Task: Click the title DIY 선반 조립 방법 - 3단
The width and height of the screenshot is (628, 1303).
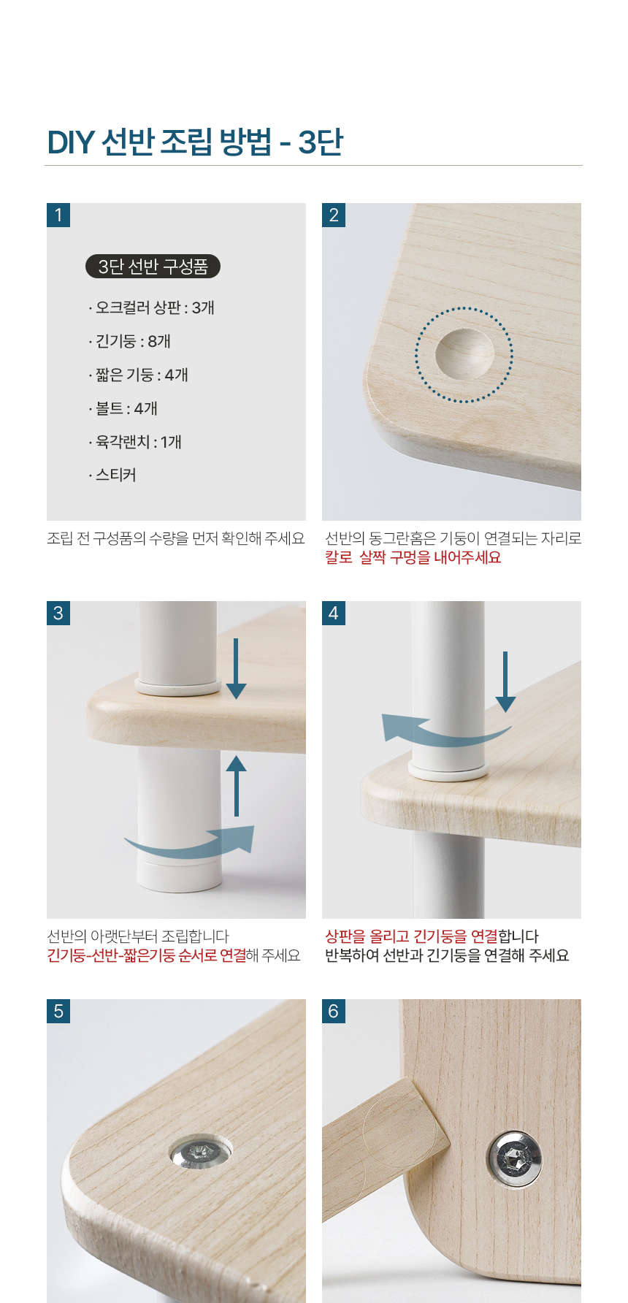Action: pyautogui.click(x=195, y=142)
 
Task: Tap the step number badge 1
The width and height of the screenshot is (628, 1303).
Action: pyautogui.click(x=58, y=215)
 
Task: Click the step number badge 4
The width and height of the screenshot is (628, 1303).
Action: pyautogui.click(x=334, y=614)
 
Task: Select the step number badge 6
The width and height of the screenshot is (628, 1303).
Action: pyautogui.click(x=334, y=1012)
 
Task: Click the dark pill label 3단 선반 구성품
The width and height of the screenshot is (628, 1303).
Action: pyautogui.click(x=153, y=267)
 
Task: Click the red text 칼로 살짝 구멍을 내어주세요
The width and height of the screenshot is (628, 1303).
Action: pyautogui.click(x=413, y=557)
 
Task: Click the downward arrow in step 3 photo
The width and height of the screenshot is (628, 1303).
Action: pyautogui.click(x=236, y=669)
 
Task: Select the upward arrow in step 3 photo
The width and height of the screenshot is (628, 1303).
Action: pyautogui.click(x=236, y=785)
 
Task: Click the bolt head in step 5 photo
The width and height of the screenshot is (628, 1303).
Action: pyautogui.click(x=201, y=1153)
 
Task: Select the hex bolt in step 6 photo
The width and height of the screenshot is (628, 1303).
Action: pyautogui.click(x=514, y=1160)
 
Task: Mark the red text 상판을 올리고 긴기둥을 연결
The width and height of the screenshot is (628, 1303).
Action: pyautogui.click(x=411, y=936)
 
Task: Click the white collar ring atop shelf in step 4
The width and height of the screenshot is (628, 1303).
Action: pyautogui.click(x=448, y=769)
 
